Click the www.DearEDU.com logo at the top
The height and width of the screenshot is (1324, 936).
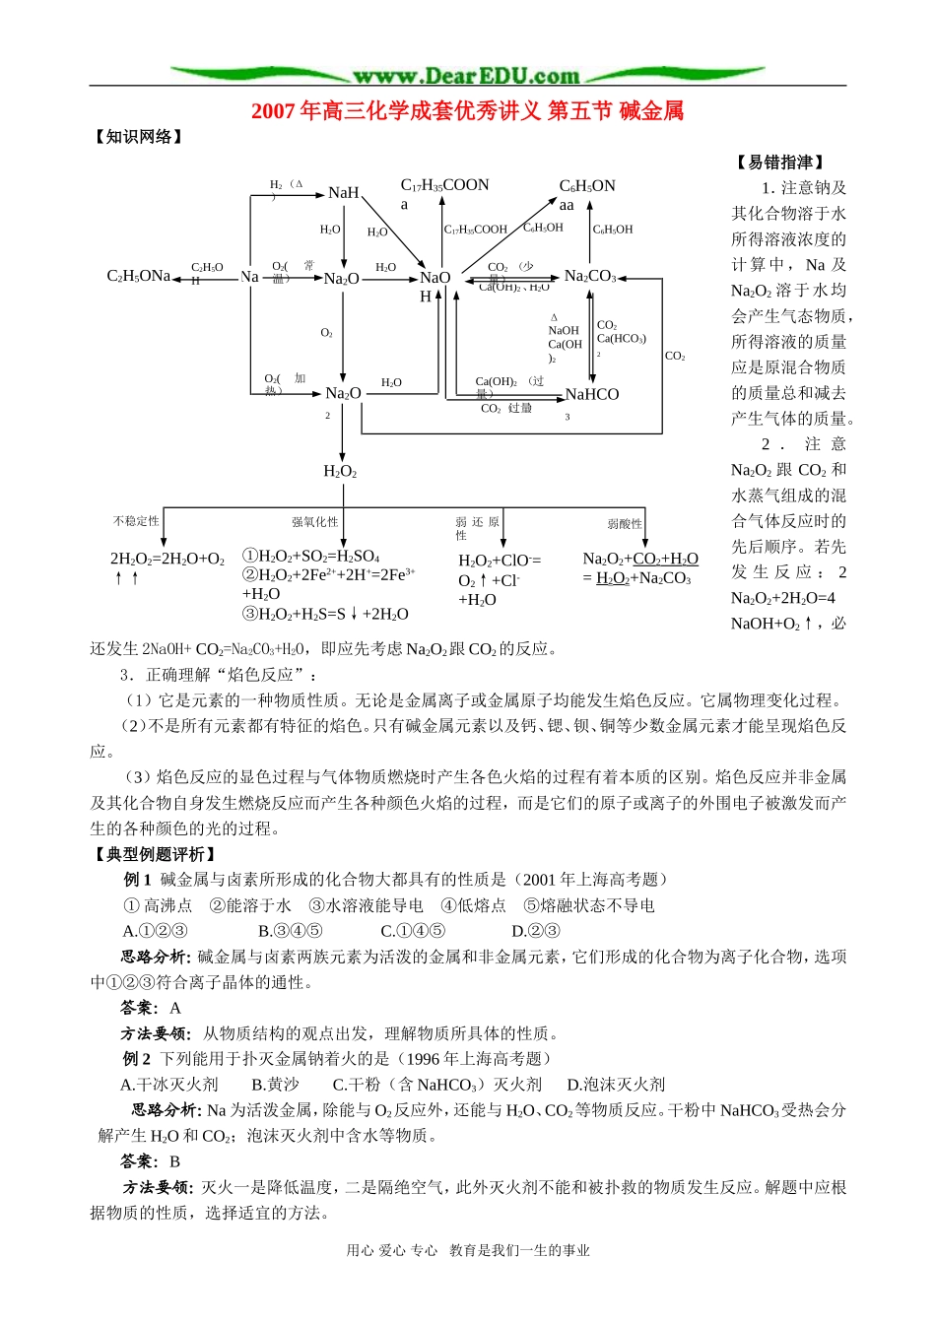pos(466,75)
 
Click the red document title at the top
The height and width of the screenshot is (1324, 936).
pos(467,111)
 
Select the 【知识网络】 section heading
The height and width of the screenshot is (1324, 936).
pos(139,137)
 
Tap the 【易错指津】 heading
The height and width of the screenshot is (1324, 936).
pos(779,163)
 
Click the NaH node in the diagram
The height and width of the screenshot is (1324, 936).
pos(343,193)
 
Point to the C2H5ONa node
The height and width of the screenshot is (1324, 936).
pos(138,276)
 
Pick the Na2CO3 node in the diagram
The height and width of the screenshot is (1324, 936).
pos(589,276)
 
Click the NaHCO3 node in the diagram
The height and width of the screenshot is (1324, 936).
pos(592,396)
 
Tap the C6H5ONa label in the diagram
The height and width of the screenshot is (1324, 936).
pos(586,194)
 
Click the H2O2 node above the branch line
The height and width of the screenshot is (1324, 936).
pos(340,472)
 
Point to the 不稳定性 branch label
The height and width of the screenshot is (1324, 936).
pos(136,521)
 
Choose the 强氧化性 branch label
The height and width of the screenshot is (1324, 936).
pos(314,522)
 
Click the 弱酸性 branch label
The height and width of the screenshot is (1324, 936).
pos(625,524)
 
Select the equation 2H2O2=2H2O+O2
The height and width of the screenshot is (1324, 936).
pos(167,560)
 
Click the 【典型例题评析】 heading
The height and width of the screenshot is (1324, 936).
pos(155,854)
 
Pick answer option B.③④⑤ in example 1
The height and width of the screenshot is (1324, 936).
pos(290,931)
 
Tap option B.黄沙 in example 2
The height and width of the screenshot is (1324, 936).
pos(275,1085)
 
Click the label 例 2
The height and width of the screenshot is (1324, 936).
pos(137,1059)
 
